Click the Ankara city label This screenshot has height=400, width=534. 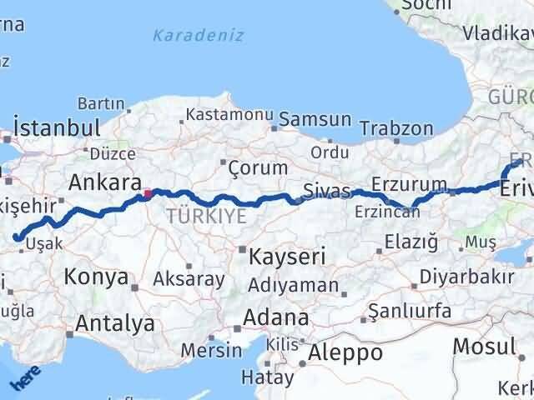[103, 182]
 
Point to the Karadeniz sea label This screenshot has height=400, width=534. [199, 35]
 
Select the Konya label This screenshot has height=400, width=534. [96, 277]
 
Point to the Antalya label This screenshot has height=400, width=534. [115, 323]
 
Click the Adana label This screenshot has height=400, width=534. [276, 317]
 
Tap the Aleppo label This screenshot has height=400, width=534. [345, 352]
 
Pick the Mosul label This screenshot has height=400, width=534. [484, 347]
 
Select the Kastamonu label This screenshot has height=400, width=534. [229, 114]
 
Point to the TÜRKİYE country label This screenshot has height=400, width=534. [205, 217]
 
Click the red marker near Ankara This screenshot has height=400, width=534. [148, 194]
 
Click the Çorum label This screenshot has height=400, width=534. [258, 167]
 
